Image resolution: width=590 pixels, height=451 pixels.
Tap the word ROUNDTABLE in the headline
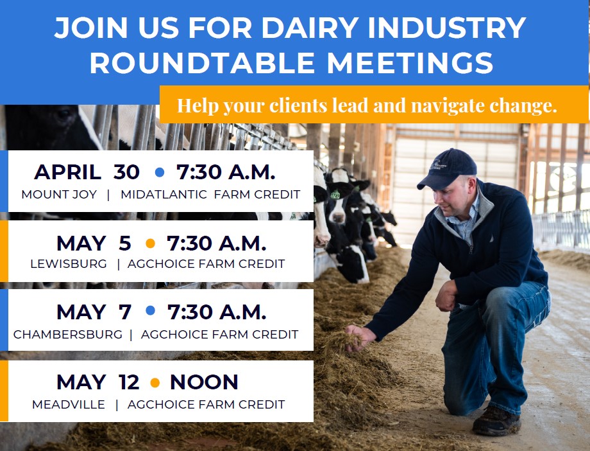coord(202,62)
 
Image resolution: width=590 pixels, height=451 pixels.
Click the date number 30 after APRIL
coord(126,172)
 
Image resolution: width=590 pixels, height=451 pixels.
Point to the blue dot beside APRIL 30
coord(160,172)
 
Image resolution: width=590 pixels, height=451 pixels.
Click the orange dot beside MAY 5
coord(150,243)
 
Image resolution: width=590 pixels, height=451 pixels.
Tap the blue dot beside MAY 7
coord(150,311)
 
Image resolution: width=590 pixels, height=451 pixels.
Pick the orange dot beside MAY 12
coord(155,383)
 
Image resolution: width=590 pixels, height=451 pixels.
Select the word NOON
coord(204,382)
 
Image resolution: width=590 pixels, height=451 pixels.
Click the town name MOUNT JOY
coord(59,195)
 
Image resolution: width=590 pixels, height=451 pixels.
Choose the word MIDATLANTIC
coord(164,195)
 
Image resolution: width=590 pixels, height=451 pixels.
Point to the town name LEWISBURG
coord(69,264)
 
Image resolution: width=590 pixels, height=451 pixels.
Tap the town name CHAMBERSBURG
coord(68,335)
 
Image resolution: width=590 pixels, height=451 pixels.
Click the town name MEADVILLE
coord(69,405)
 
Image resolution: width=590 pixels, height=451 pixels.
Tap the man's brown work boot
coord(496,421)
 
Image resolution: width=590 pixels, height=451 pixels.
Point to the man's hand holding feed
coord(359,337)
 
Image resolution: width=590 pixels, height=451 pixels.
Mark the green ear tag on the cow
coord(335,195)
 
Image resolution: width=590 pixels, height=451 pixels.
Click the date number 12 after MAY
coord(129,382)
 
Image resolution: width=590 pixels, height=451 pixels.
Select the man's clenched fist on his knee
coord(446,296)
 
